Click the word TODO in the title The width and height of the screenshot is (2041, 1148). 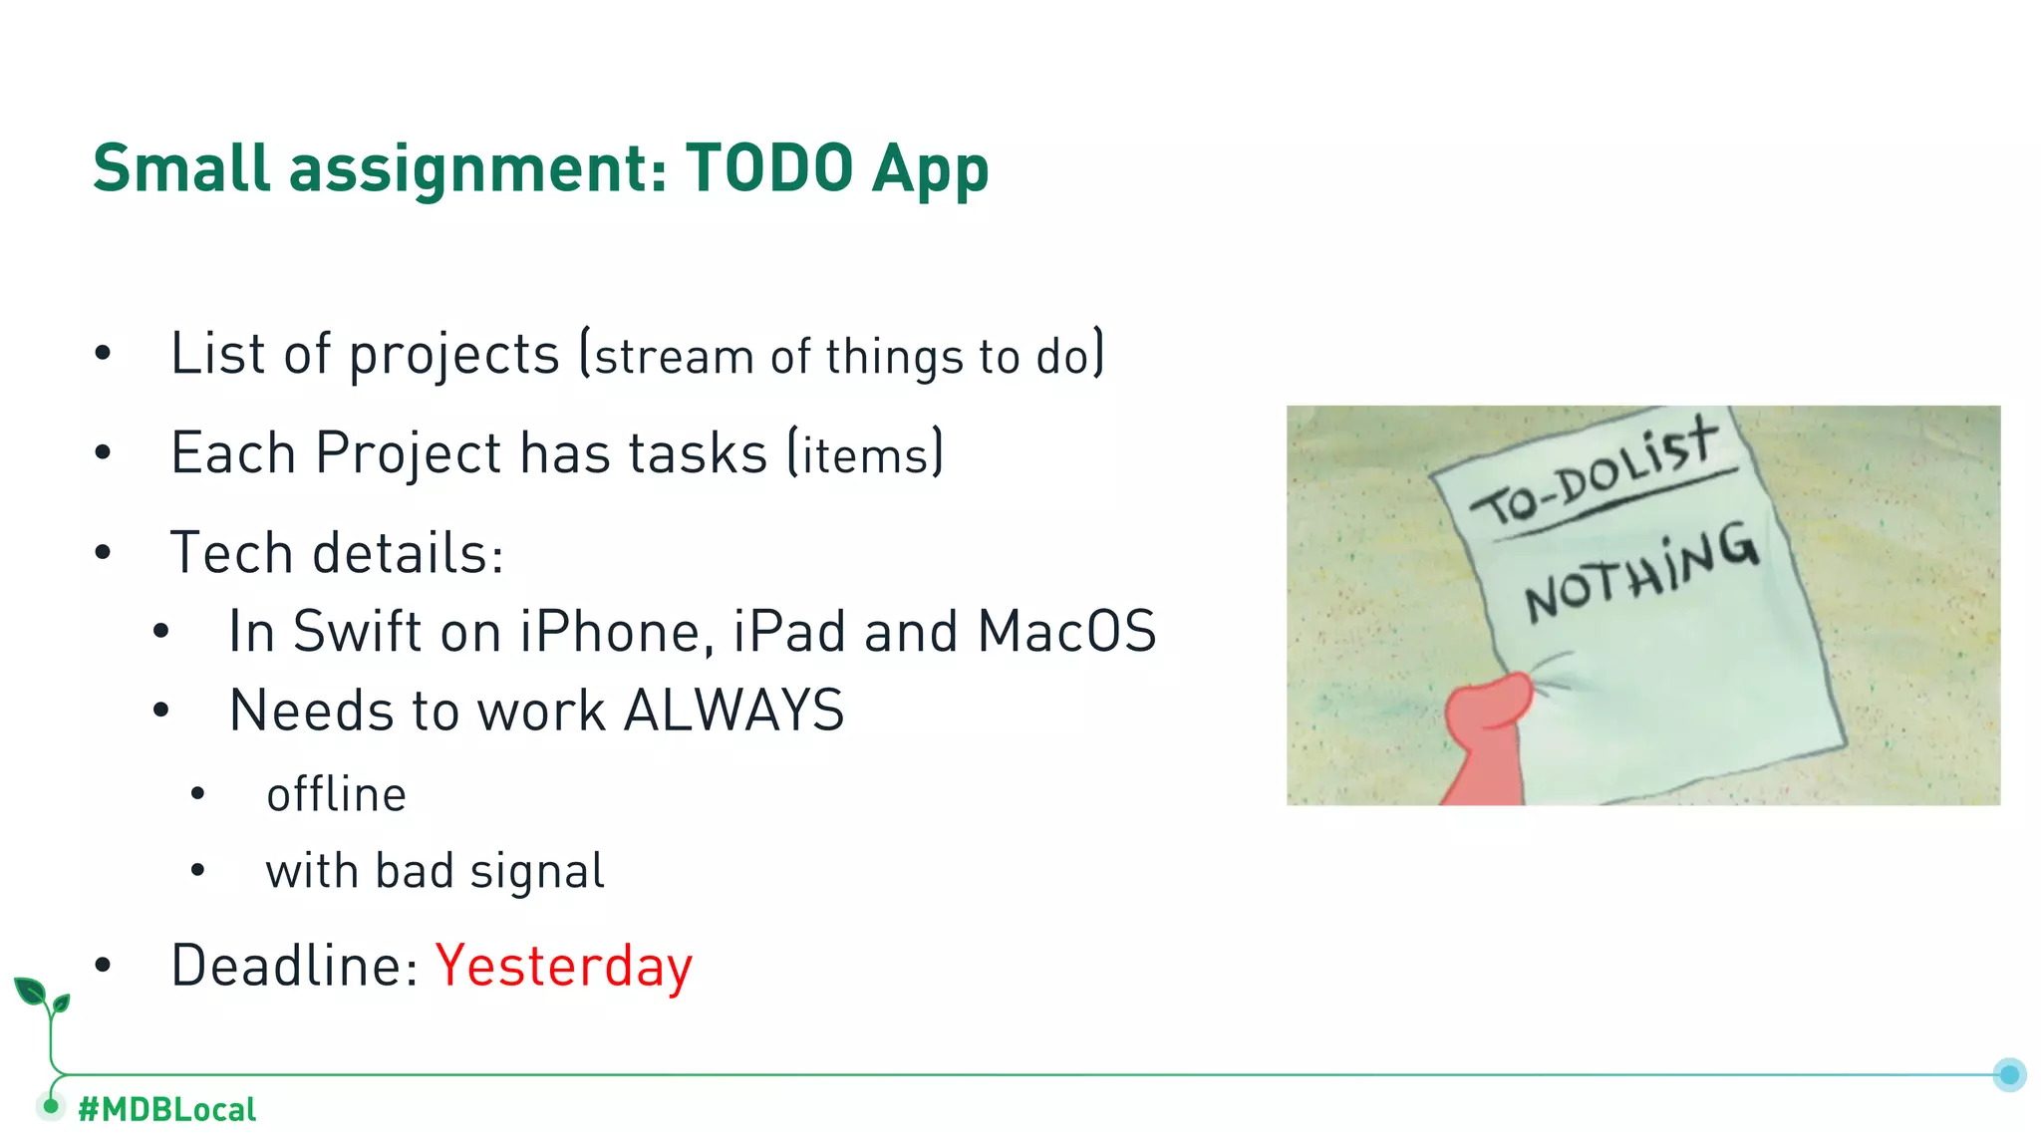pyautogui.click(x=769, y=167)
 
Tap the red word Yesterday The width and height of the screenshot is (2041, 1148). pyautogui.click(x=564, y=966)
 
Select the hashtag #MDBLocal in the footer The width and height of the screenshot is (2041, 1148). pyautogui.click(x=166, y=1109)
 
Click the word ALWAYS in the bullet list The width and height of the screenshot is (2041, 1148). pyautogui.click(x=734, y=711)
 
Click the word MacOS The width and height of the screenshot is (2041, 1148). pyautogui.click(x=1065, y=632)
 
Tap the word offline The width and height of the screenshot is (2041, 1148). pyautogui.click(x=336, y=794)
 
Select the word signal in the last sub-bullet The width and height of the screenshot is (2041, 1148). pyautogui.click(x=537, y=871)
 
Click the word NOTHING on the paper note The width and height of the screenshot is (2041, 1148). pyautogui.click(x=1640, y=573)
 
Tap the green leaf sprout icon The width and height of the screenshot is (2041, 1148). pyautogui.click(x=42, y=997)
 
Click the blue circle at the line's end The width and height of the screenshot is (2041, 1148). pyautogui.click(x=2009, y=1074)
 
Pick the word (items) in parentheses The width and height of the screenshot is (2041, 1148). pyautogui.click(x=865, y=454)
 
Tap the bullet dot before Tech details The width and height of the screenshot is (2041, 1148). pyautogui.click(x=103, y=553)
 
